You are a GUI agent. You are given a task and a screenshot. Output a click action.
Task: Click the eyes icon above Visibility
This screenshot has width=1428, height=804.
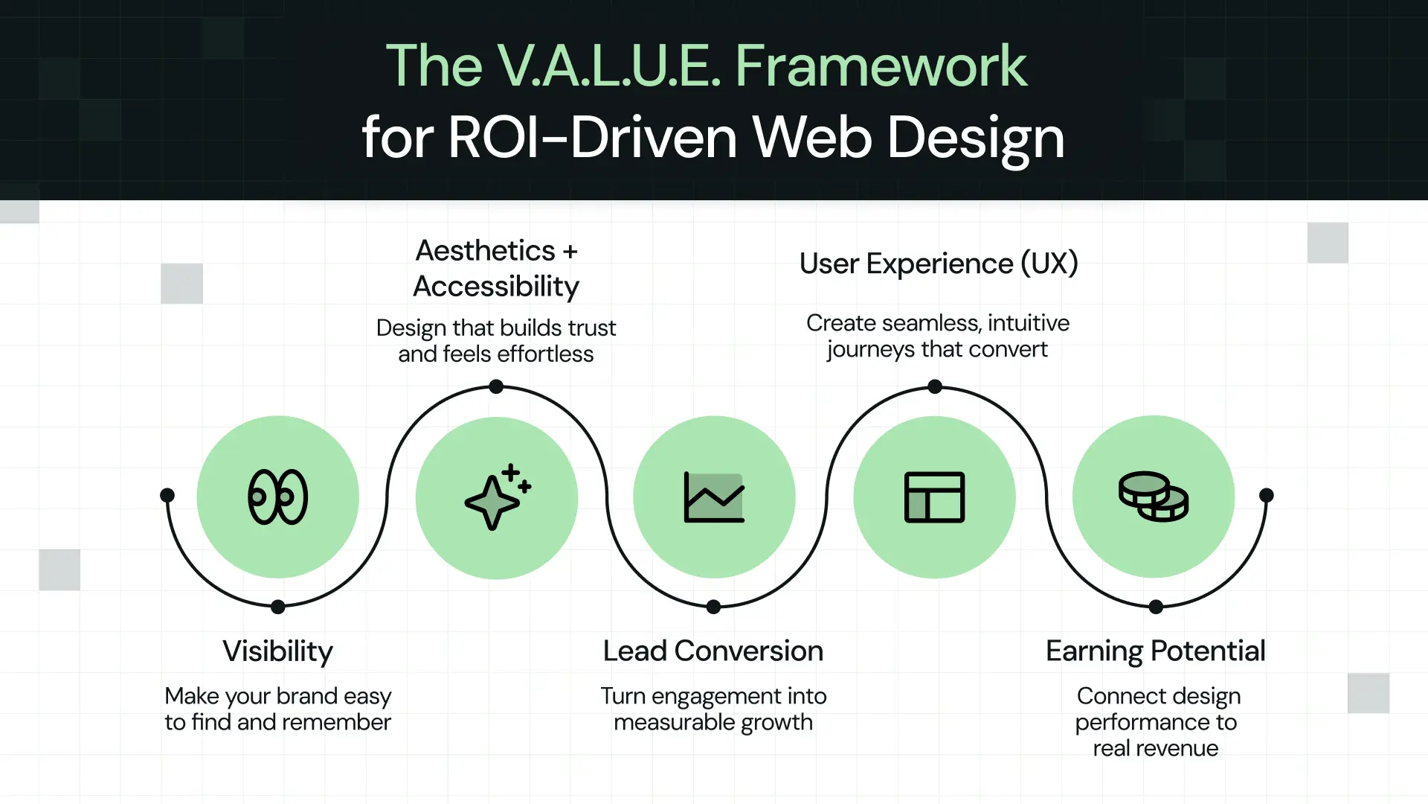click(277, 497)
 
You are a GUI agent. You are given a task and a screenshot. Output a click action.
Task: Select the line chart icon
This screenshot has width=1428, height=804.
click(714, 497)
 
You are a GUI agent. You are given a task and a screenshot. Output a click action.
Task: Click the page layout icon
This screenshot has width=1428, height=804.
click(934, 497)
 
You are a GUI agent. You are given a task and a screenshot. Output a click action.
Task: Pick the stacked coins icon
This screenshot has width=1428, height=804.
click(1153, 497)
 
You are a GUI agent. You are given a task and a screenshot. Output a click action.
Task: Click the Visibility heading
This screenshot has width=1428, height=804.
click(277, 651)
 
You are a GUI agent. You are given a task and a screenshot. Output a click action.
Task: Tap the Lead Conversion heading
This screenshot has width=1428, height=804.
click(713, 651)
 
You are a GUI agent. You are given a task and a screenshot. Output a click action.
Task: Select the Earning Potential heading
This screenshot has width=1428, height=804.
click(1155, 651)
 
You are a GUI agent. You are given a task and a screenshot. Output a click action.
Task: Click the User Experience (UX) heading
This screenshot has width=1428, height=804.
click(939, 264)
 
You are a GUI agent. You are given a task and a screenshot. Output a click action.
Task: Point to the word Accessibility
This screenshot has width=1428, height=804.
click(496, 287)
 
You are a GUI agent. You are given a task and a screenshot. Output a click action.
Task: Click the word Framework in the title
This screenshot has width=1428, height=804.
click(881, 66)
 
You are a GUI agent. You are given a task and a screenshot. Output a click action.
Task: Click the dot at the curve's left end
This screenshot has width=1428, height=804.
click(167, 495)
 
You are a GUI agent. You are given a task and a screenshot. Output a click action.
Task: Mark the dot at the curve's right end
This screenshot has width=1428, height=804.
click(1267, 495)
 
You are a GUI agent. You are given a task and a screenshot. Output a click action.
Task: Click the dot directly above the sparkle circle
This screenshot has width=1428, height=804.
click(496, 386)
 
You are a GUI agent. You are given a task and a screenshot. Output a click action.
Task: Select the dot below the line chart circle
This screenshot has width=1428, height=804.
click(713, 607)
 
